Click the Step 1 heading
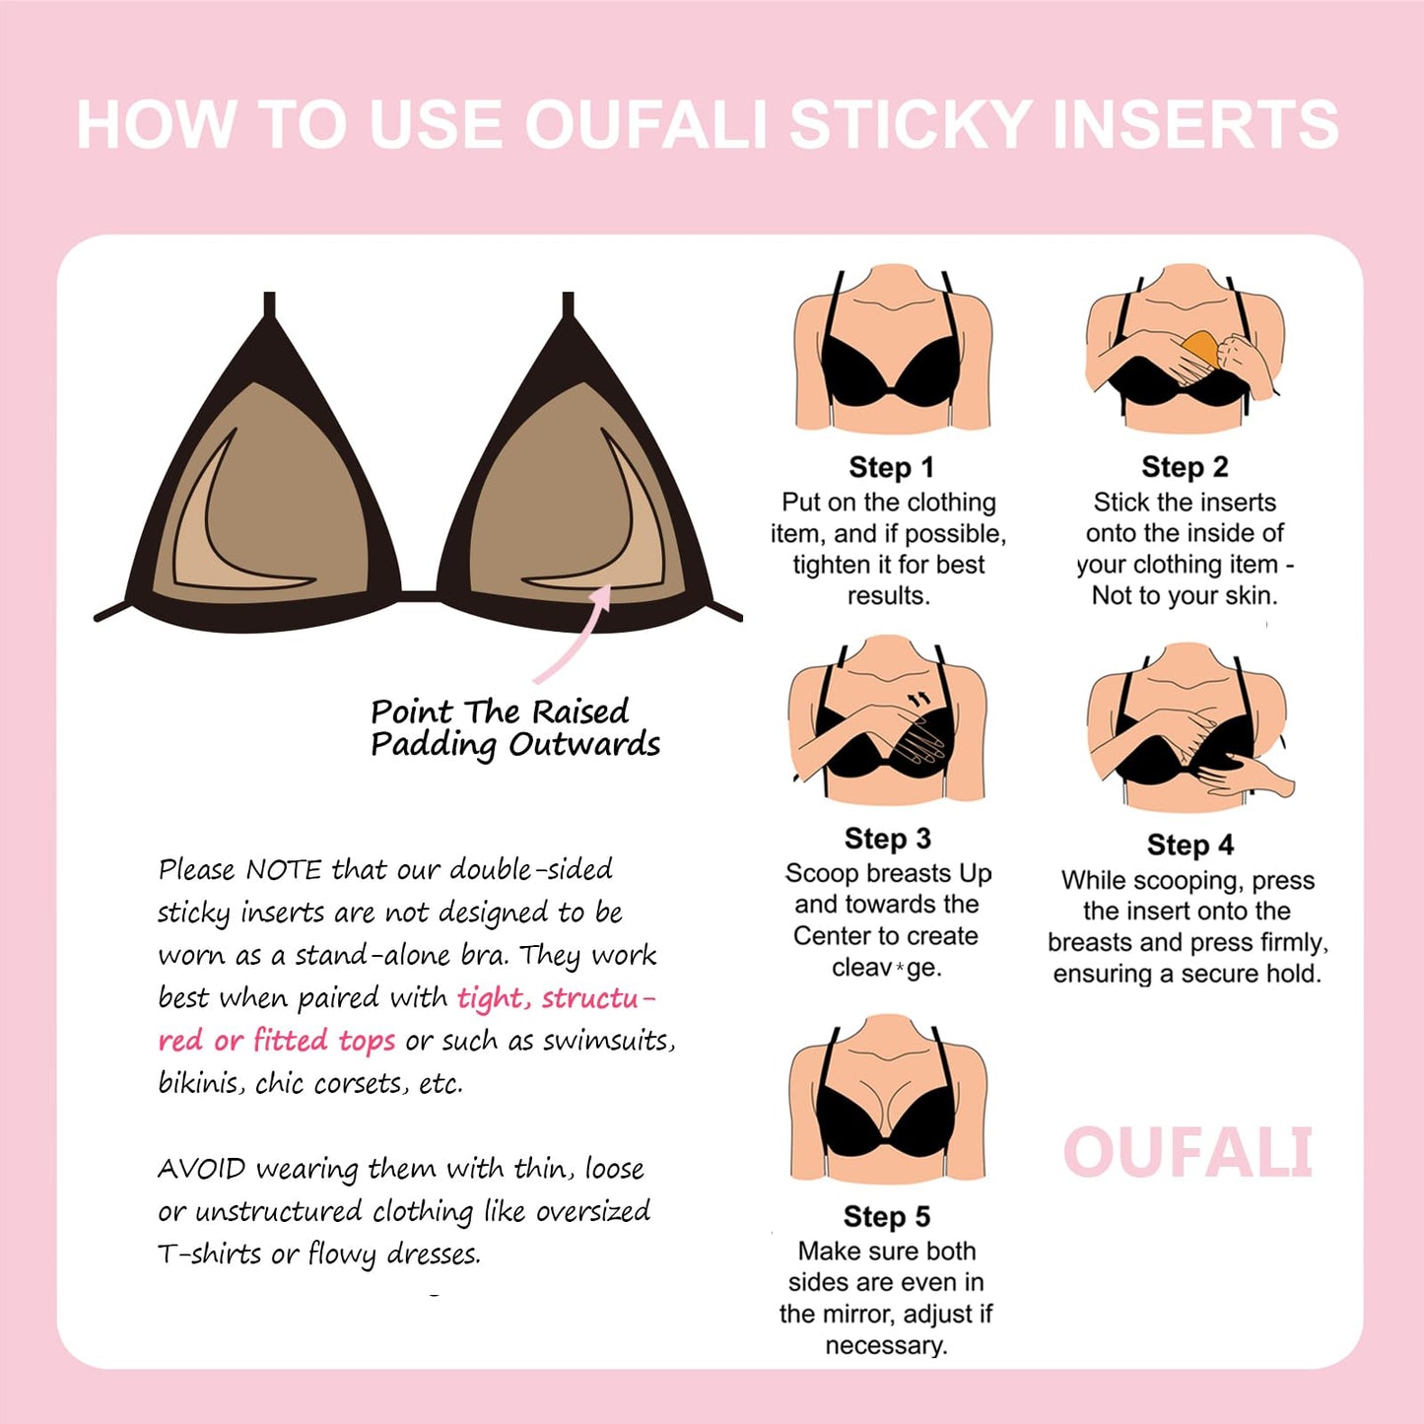click(891, 467)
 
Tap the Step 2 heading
click(1185, 466)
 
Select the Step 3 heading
click(887, 839)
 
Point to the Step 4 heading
click(1189, 845)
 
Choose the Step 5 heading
click(886, 1217)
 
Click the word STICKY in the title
click(911, 125)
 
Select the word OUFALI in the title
click(646, 125)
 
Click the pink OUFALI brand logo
click(1187, 1153)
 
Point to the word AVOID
click(201, 1169)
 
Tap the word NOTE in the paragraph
click(283, 870)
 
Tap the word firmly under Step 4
click(1281, 942)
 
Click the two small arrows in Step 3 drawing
click(918, 699)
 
